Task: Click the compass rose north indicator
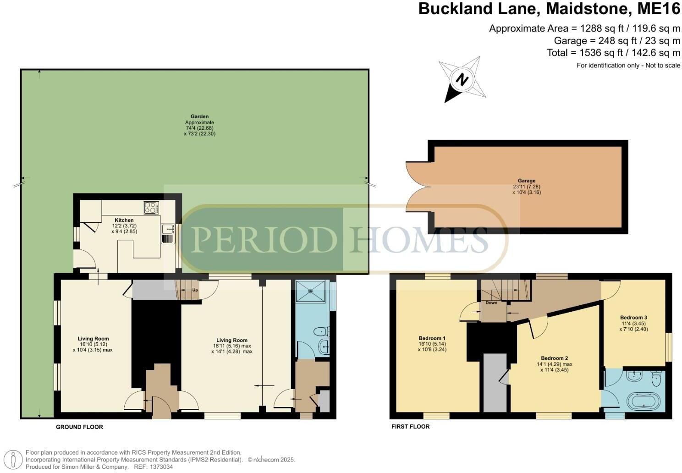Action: click(x=462, y=80)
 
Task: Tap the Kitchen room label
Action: click(x=124, y=220)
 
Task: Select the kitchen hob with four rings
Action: click(x=151, y=208)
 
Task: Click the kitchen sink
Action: click(x=167, y=233)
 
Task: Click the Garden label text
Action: click(x=199, y=116)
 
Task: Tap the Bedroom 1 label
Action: click(x=432, y=338)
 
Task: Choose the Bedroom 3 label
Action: click(x=633, y=317)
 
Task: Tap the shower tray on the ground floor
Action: click(x=312, y=291)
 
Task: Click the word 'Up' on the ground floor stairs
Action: click(x=195, y=290)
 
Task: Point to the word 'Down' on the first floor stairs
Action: click(x=491, y=302)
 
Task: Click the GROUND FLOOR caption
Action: click(x=79, y=427)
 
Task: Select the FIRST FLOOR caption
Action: click(x=410, y=426)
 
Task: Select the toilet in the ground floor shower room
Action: click(x=320, y=331)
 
